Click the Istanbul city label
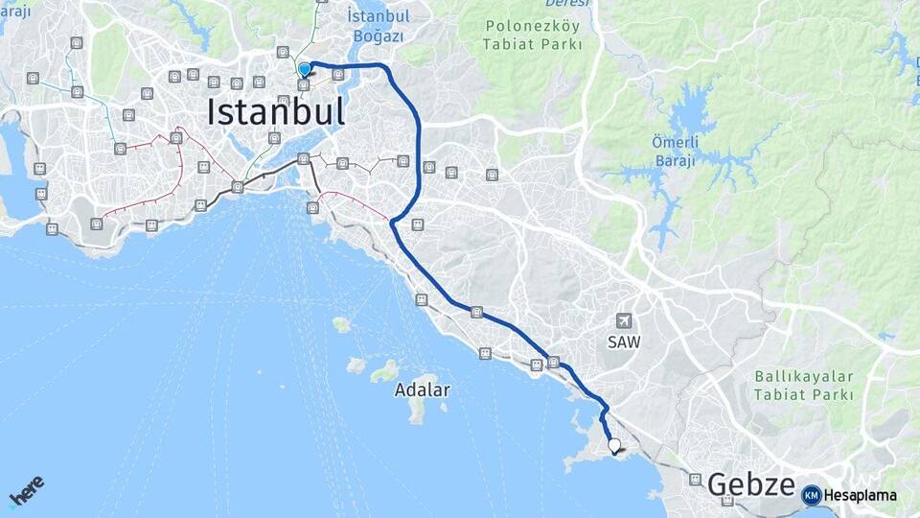(x=276, y=112)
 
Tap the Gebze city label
(x=751, y=484)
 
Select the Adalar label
(x=422, y=390)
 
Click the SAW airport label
(x=623, y=341)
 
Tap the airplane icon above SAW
(x=625, y=320)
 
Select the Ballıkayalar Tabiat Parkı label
(x=803, y=385)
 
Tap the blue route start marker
(x=304, y=69)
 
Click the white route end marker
(x=614, y=445)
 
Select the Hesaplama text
(x=860, y=495)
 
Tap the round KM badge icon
(x=812, y=495)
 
